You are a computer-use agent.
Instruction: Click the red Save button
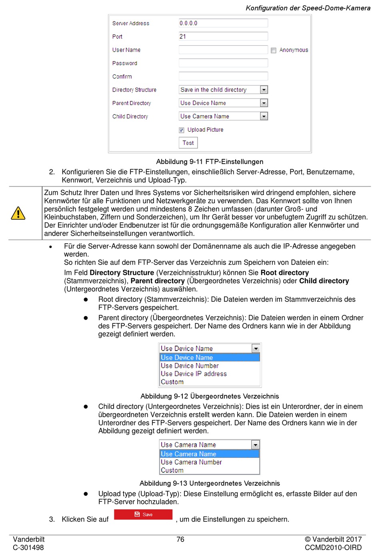pyautogui.click(x=143, y=514)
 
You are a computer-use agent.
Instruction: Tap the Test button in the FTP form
pyautogui.click(x=188, y=143)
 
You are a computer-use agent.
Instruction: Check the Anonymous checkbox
pyautogui.click(x=274, y=50)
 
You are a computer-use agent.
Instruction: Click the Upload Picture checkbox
pyautogui.click(x=182, y=130)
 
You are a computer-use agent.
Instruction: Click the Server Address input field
pyautogui.click(x=223, y=23)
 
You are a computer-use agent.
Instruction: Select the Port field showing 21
pyautogui.click(x=223, y=36)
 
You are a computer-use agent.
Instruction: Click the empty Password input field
pyautogui.click(x=223, y=63)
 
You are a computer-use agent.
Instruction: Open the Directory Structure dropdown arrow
pyautogui.click(x=264, y=90)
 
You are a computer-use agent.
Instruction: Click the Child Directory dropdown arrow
pyautogui.click(x=264, y=116)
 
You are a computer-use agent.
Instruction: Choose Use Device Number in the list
pyautogui.click(x=190, y=366)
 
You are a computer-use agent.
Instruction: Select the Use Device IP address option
pyautogui.click(x=194, y=374)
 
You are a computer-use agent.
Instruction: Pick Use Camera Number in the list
pyautogui.click(x=191, y=462)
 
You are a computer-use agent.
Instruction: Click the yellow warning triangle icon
pyautogui.click(x=18, y=213)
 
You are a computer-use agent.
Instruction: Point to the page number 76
pyautogui.click(x=180, y=539)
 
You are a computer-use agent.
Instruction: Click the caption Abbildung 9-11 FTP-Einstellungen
pyautogui.click(x=210, y=162)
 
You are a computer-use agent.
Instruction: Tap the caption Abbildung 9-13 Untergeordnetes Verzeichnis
pyautogui.click(x=210, y=483)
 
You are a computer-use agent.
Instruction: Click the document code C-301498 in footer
pyautogui.click(x=28, y=547)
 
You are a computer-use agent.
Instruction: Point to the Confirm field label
pyautogui.click(x=122, y=76)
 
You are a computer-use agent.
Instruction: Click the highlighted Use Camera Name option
pyautogui.click(x=188, y=454)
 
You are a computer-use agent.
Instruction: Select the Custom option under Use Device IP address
pyautogui.click(x=172, y=382)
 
